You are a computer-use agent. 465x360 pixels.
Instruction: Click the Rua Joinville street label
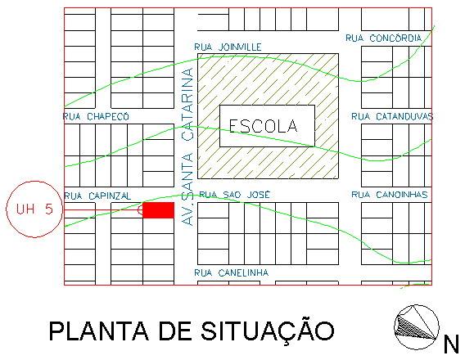(x=228, y=47)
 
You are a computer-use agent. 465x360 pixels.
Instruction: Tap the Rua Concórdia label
(x=384, y=38)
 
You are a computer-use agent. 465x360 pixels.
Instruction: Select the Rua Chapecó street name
(x=96, y=116)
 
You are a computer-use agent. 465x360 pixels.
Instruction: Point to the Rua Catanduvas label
(x=392, y=116)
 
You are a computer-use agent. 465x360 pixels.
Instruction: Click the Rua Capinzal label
(x=97, y=196)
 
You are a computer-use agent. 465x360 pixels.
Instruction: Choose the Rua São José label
(x=235, y=195)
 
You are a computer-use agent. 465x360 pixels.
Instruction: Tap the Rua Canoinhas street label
(x=390, y=195)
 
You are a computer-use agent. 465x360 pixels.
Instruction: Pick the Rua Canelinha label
(x=232, y=272)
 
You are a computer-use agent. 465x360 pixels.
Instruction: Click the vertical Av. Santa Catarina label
(x=187, y=147)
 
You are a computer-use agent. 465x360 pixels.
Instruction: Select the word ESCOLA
(x=263, y=126)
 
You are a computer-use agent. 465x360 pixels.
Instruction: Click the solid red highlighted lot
(x=158, y=210)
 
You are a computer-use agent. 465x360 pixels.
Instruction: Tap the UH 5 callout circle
(x=34, y=181)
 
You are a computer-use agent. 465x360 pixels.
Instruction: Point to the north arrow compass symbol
(x=417, y=327)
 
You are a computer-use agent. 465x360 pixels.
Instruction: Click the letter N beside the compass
(x=451, y=344)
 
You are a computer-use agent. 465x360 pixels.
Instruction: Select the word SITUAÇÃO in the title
(x=268, y=331)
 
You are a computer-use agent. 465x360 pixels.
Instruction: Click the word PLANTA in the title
(x=99, y=331)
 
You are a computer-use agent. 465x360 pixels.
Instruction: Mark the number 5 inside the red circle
(x=49, y=209)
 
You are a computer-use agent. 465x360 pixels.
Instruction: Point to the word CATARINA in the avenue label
(x=187, y=105)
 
